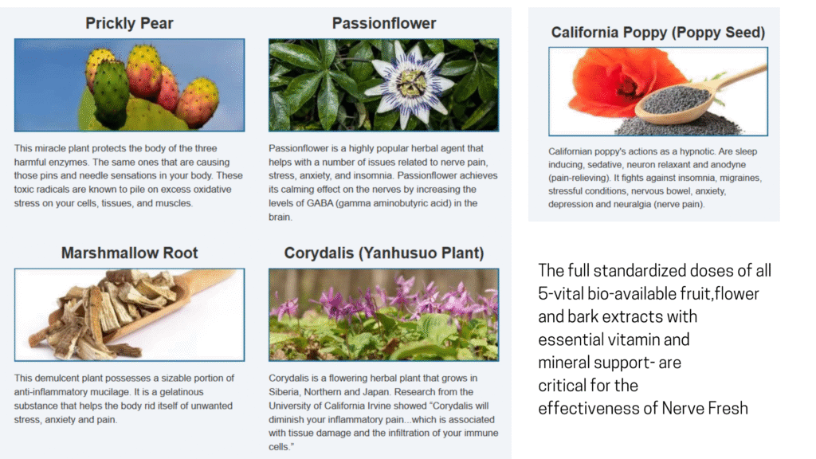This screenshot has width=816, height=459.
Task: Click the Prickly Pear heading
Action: [x=129, y=23]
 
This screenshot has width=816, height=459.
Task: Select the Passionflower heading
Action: [x=384, y=23]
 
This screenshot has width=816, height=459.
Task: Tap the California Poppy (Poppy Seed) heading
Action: [x=657, y=33]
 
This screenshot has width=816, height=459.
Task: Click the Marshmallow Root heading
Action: [x=130, y=253]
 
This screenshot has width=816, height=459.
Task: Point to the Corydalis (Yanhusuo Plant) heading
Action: [x=384, y=253]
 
